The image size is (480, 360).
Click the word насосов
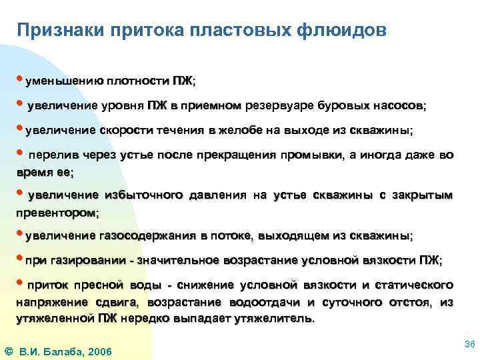[399, 106]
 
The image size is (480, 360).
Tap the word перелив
[51, 155]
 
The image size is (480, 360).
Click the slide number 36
[468, 343]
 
